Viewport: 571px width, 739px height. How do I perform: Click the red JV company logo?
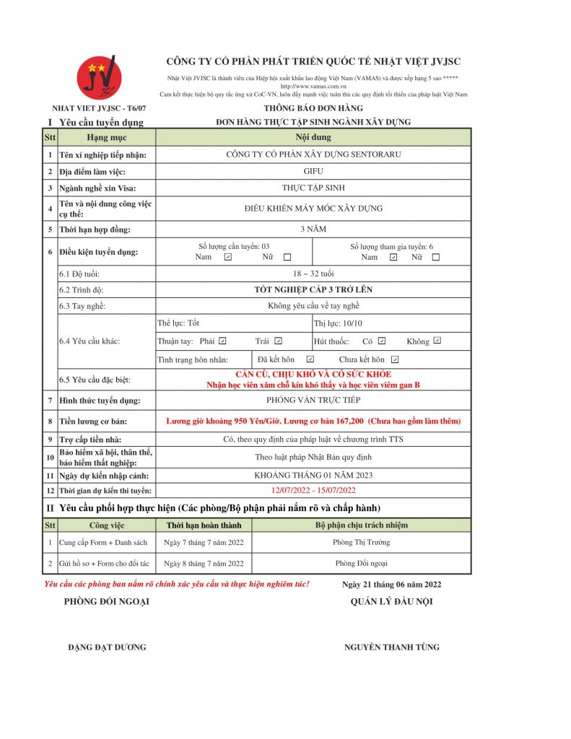point(100,76)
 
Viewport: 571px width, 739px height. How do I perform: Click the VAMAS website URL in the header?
point(313,87)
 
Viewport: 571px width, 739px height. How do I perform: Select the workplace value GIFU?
point(313,172)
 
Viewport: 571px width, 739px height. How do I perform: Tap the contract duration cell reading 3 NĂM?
point(313,229)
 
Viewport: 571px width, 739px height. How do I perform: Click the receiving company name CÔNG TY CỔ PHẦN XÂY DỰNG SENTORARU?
point(313,154)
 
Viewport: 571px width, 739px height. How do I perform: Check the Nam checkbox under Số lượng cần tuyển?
point(228,257)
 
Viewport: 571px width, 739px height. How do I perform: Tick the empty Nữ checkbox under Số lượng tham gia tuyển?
point(435,257)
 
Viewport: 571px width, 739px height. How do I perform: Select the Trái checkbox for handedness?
point(279,341)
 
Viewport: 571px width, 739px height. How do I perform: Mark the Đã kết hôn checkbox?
point(310,359)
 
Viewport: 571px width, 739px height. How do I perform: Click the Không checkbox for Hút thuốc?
point(437,341)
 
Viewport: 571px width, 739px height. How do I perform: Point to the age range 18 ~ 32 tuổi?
point(313,274)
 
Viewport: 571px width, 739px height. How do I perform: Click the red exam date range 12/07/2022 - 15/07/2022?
point(313,491)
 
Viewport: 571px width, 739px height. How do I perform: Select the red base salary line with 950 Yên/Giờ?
point(313,421)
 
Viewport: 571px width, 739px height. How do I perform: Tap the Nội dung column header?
point(313,137)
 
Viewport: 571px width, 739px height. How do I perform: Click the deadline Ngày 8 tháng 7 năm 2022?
point(204,563)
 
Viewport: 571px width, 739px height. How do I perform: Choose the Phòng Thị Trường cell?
point(361,543)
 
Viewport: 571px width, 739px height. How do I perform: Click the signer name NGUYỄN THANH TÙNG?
point(391,647)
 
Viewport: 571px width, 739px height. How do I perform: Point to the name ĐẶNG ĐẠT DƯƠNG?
point(107,647)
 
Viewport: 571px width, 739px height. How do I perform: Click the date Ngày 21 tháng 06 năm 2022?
point(391,585)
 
